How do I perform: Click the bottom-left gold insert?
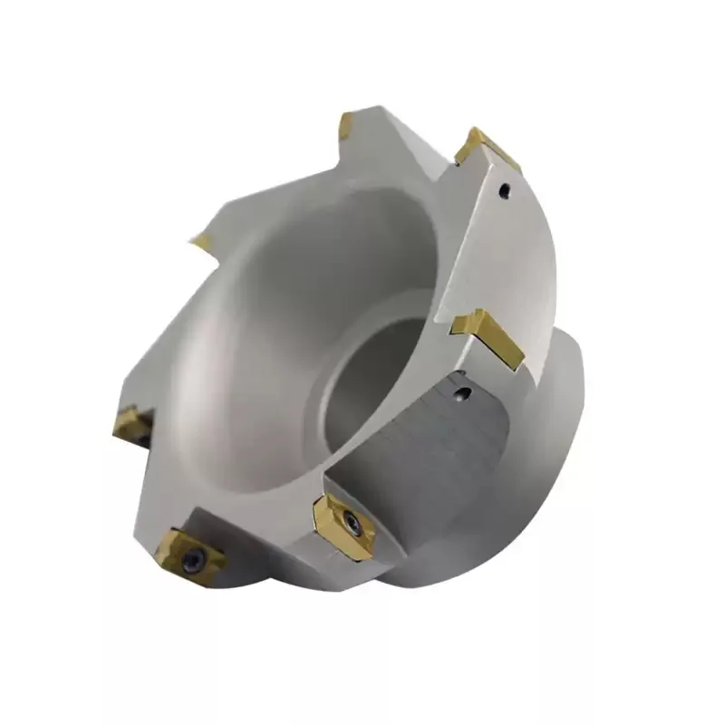190,556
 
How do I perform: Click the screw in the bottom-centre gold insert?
351,523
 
